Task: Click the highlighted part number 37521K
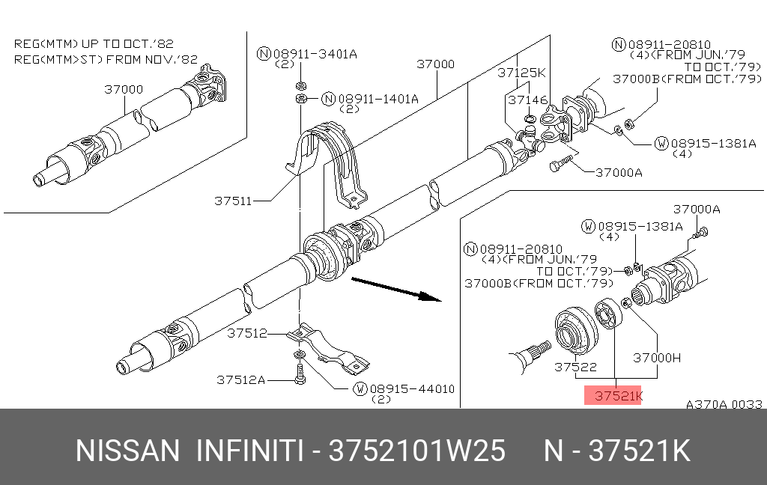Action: (x=613, y=396)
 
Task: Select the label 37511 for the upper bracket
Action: (x=232, y=201)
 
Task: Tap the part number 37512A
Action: (x=240, y=380)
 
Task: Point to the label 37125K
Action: (x=521, y=73)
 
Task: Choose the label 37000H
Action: (x=657, y=358)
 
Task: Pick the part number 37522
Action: (x=575, y=367)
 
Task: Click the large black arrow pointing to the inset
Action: (x=398, y=289)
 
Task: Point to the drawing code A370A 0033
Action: (x=724, y=404)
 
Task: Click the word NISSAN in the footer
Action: (x=128, y=451)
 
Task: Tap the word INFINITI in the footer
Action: (x=249, y=451)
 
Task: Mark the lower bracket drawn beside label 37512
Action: (x=330, y=348)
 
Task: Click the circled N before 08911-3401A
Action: (x=263, y=54)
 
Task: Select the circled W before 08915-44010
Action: (x=360, y=389)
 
